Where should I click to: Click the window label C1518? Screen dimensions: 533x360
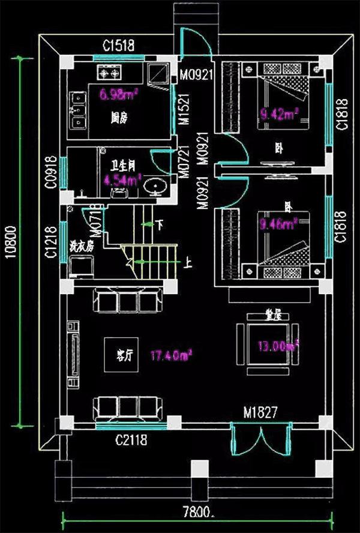[x=118, y=45]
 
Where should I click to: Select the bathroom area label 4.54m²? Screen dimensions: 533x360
[x=122, y=179]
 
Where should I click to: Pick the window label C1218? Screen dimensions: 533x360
[x=52, y=241]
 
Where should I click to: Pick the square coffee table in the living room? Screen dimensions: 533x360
[x=119, y=354]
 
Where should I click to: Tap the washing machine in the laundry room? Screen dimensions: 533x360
[x=79, y=266]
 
